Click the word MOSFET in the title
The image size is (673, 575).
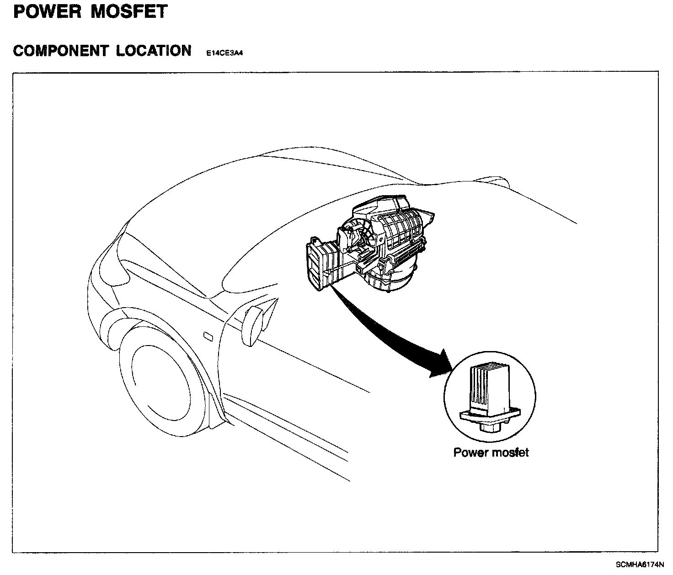tap(129, 11)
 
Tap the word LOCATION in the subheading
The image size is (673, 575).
tap(154, 51)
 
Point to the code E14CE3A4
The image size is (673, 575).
tap(224, 53)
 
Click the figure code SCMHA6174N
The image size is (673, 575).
tap(639, 564)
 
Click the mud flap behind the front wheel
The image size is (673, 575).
tap(217, 402)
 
